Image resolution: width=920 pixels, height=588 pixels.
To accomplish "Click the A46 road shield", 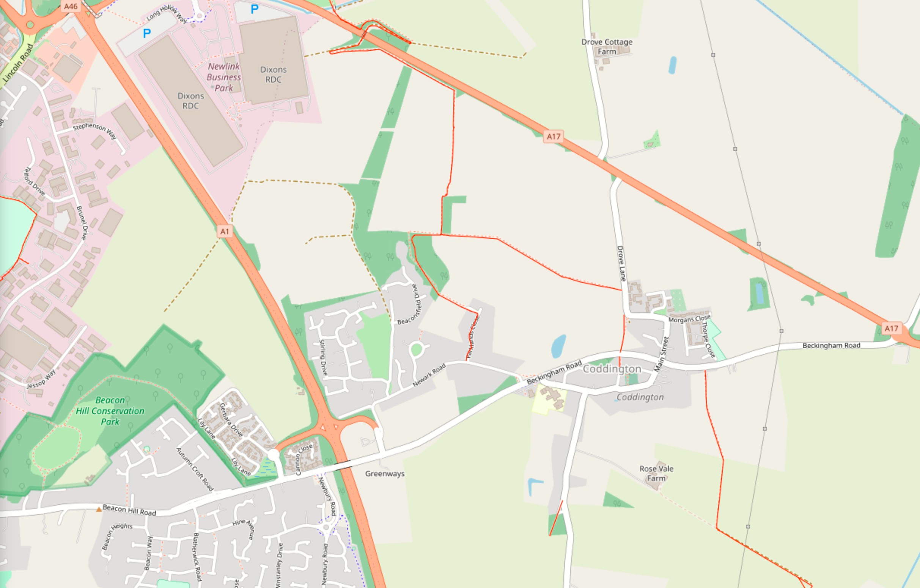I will pyautogui.click(x=71, y=6).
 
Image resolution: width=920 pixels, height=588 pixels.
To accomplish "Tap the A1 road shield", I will pyautogui.click(x=225, y=231).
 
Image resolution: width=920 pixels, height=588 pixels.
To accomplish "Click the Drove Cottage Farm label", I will pyautogui.click(x=607, y=47).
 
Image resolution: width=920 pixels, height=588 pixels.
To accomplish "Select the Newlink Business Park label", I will pyautogui.click(x=223, y=77).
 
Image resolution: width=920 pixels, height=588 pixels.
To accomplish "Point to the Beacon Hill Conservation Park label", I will pyautogui.click(x=110, y=411).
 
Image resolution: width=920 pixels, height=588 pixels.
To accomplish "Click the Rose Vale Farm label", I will pyautogui.click(x=656, y=473).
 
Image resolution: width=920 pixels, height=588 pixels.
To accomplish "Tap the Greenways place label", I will pyautogui.click(x=384, y=474).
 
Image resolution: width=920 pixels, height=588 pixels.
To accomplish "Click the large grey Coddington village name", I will pyautogui.click(x=612, y=369).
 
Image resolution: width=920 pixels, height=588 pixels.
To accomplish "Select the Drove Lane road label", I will pyautogui.click(x=621, y=263).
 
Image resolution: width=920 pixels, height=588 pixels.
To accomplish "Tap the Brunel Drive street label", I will pyautogui.click(x=82, y=223).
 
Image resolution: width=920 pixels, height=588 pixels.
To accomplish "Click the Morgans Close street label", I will pyautogui.click(x=689, y=318).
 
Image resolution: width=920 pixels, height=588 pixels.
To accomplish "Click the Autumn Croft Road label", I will pyautogui.click(x=195, y=469).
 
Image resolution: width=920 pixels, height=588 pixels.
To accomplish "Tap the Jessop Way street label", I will pyautogui.click(x=41, y=379).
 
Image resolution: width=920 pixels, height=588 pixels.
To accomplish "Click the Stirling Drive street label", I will pyautogui.click(x=323, y=358).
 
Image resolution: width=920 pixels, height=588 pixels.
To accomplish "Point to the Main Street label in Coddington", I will pyautogui.click(x=662, y=354).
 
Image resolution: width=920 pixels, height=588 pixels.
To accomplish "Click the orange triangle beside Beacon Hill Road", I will pyautogui.click(x=99, y=509).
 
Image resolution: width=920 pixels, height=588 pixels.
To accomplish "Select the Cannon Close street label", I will pyautogui.click(x=304, y=459).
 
